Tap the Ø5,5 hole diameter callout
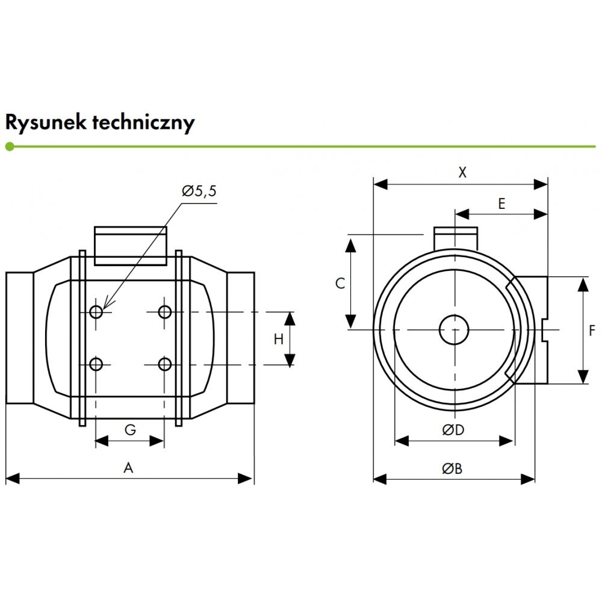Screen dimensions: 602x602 tap(199, 191)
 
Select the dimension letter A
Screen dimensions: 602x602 tap(128, 468)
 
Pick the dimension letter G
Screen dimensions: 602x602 tap(129, 429)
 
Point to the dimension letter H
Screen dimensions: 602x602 tap(278, 339)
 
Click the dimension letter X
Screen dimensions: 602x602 tap(462, 173)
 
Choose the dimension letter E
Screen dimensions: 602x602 tap(501, 203)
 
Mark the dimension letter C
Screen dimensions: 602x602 tap(340, 283)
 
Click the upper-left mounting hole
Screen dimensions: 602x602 tap(96, 311)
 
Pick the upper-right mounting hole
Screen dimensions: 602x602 tap(164, 311)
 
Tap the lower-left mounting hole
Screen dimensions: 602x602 tap(96, 364)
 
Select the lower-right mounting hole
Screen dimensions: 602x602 tap(164, 364)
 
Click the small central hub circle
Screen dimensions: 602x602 tap(454, 330)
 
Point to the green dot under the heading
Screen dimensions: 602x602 tap(9, 146)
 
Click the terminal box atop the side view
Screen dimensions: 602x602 tap(130, 246)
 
